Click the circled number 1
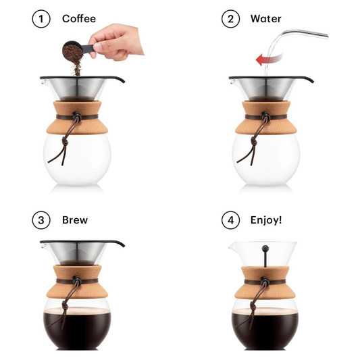[x=41, y=19]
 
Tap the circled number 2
[x=231, y=19]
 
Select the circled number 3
[x=41, y=220]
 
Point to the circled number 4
[x=231, y=220]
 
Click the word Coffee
[x=79, y=19]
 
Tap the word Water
[x=265, y=19]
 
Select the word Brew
[x=75, y=220]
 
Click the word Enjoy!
[x=267, y=220]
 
